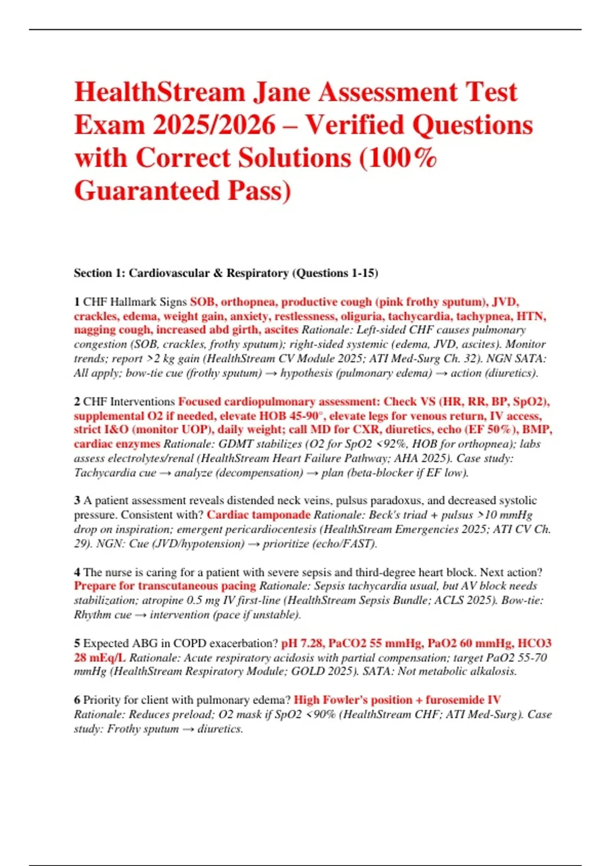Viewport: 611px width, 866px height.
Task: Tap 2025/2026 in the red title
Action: (213, 125)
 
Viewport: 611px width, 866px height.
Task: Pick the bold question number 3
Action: (77, 501)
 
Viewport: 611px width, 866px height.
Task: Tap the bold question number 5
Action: (77, 643)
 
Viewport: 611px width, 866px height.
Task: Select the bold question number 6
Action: (77, 700)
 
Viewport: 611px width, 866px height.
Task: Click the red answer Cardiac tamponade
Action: (258, 515)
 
